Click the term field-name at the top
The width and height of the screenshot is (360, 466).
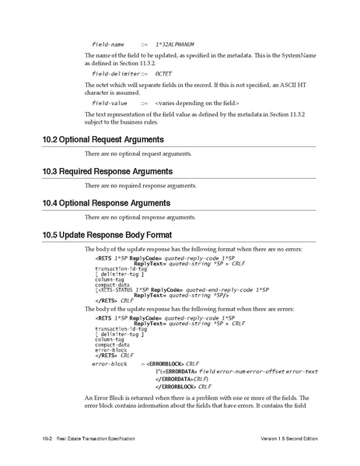pos(108,44)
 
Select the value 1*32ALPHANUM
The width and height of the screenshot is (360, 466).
pos(174,44)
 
